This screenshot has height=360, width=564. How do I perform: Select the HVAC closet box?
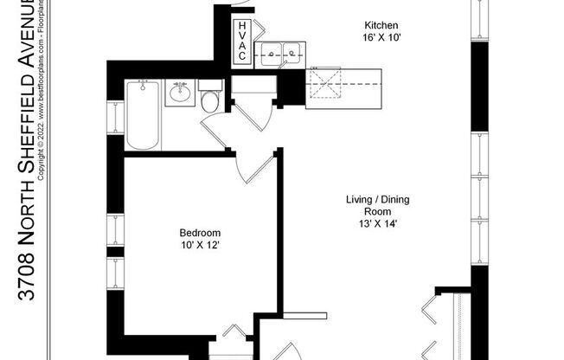tap(243, 42)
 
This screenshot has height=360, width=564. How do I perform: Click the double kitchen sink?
tap(282, 55)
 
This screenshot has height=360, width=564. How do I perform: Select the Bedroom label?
tap(200, 233)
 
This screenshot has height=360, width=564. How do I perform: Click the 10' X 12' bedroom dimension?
tap(200, 245)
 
